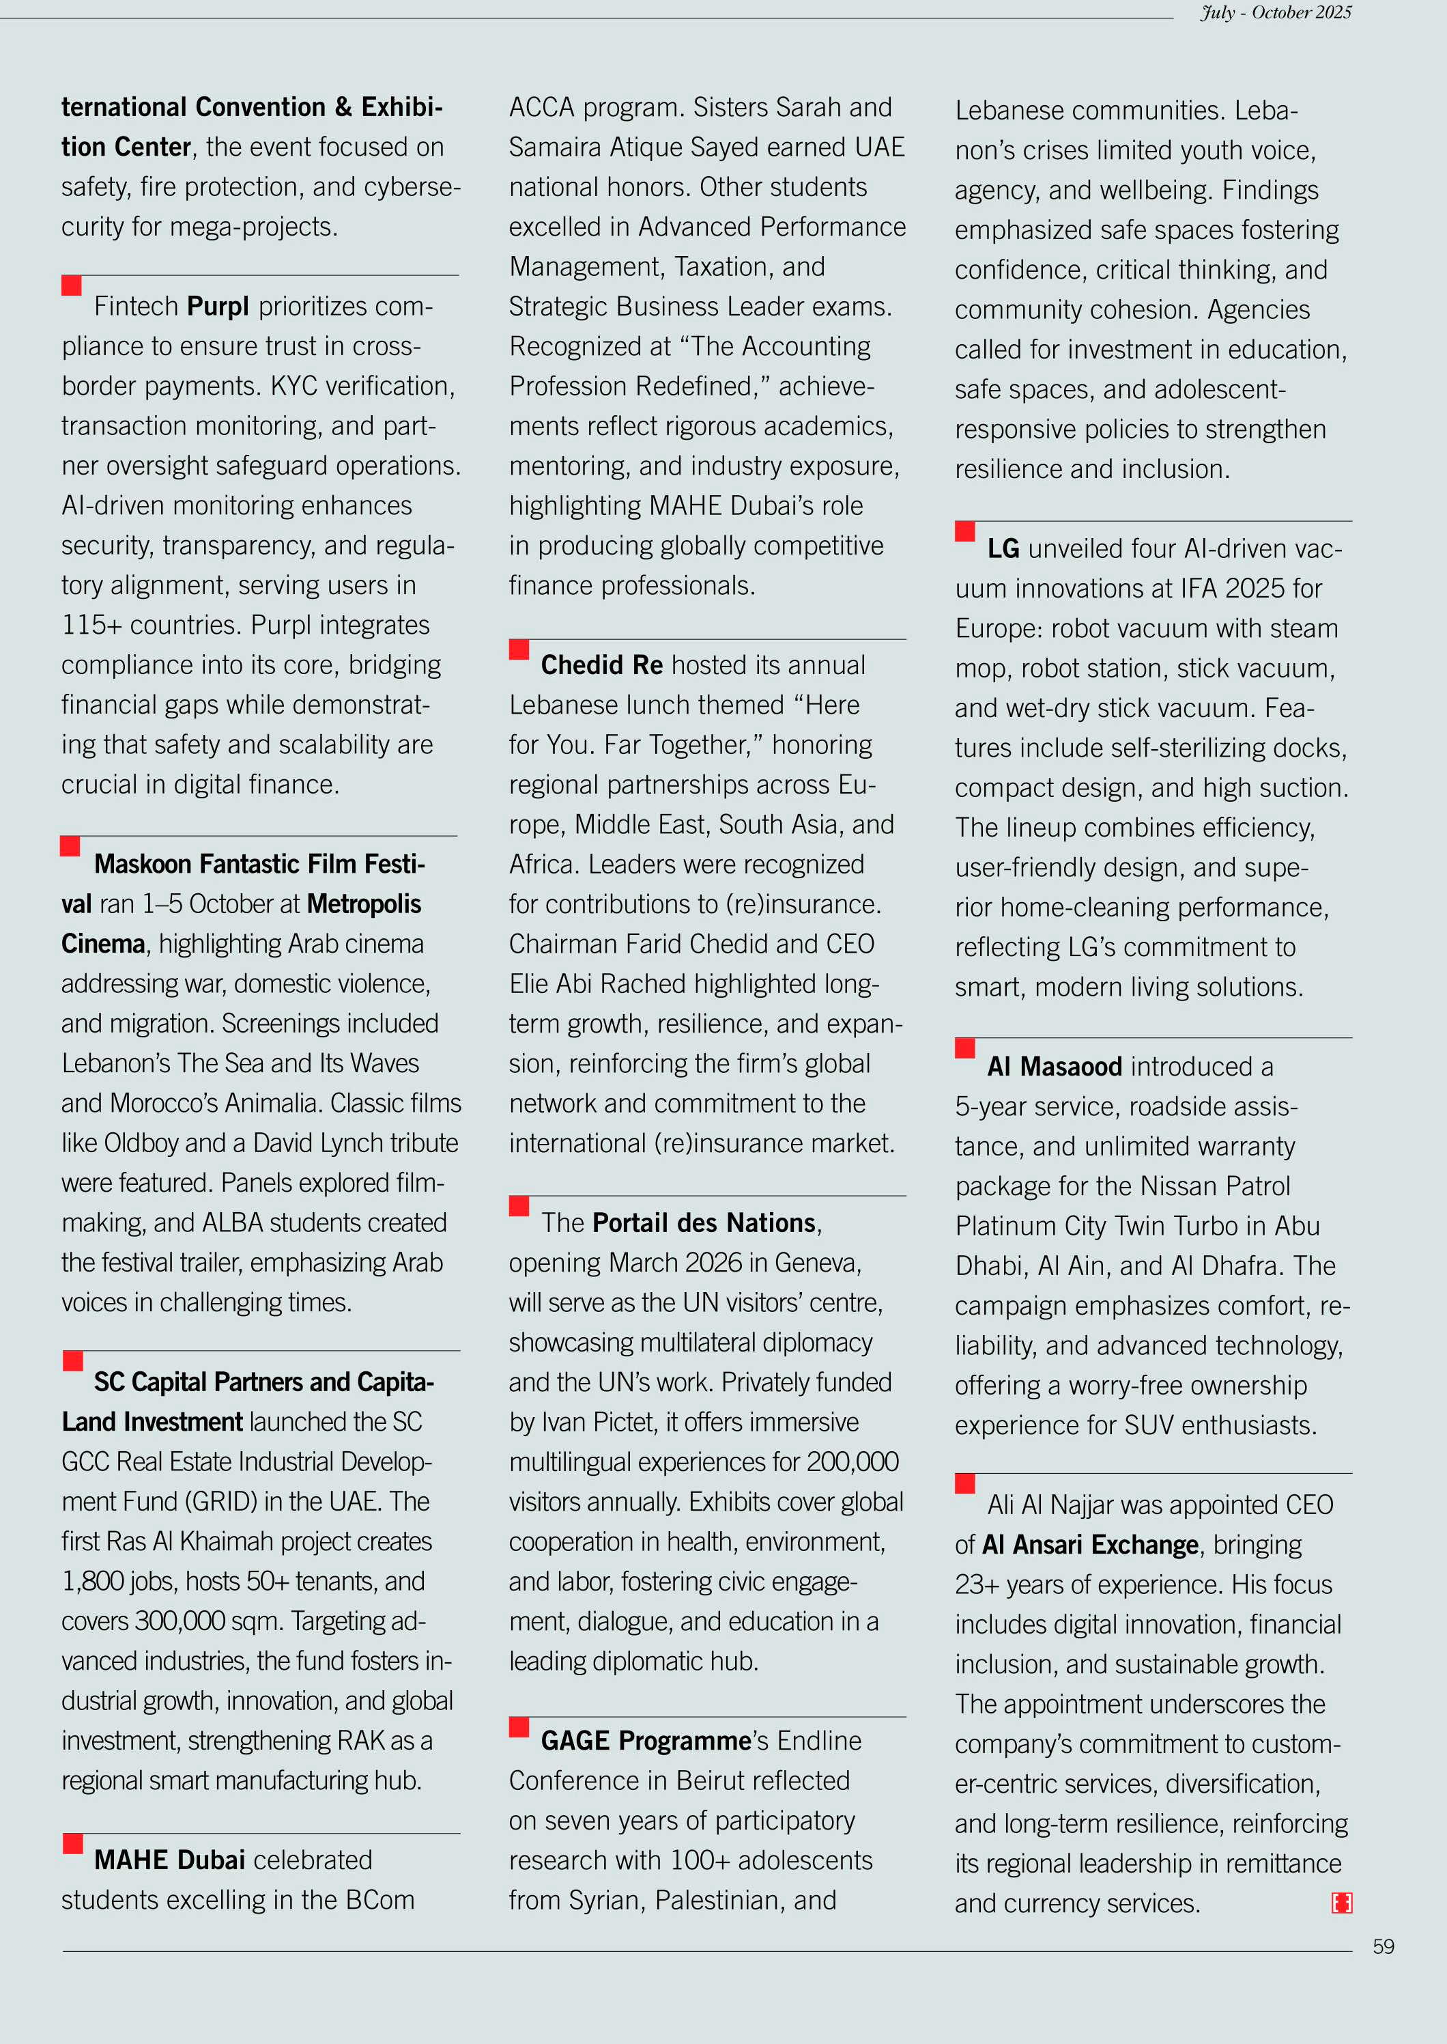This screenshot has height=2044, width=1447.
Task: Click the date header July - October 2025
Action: point(1275,12)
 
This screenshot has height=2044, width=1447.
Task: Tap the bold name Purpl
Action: point(218,307)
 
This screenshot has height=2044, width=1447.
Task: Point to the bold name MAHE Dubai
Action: point(169,1860)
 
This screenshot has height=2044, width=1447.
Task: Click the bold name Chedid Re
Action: point(601,665)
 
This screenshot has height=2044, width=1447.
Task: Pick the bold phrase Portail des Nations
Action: point(704,1223)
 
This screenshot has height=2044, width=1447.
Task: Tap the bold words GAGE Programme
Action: point(646,1741)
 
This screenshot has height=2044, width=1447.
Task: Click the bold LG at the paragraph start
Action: point(1003,548)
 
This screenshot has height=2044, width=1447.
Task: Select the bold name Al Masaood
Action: point(1054,1067)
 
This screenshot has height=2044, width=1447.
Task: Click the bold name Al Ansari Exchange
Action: point(1090,1545)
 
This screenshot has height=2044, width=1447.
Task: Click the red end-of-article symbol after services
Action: point(1341,1903)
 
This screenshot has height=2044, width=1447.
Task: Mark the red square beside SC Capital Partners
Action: point(73,1361)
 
